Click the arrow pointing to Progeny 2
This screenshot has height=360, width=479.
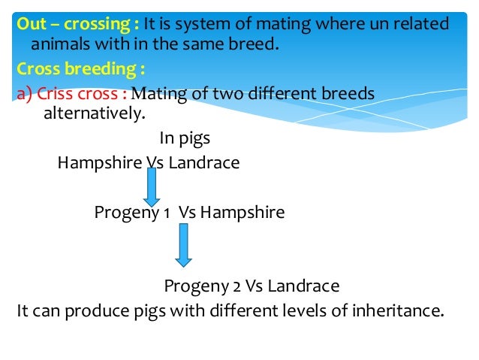pyautogui.click(x=183, y=244)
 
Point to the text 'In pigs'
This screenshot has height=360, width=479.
pyautogui.click(x=185, y=138)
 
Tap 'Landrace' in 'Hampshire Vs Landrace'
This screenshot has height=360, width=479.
pyautogui.click(x=204, y=162)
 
